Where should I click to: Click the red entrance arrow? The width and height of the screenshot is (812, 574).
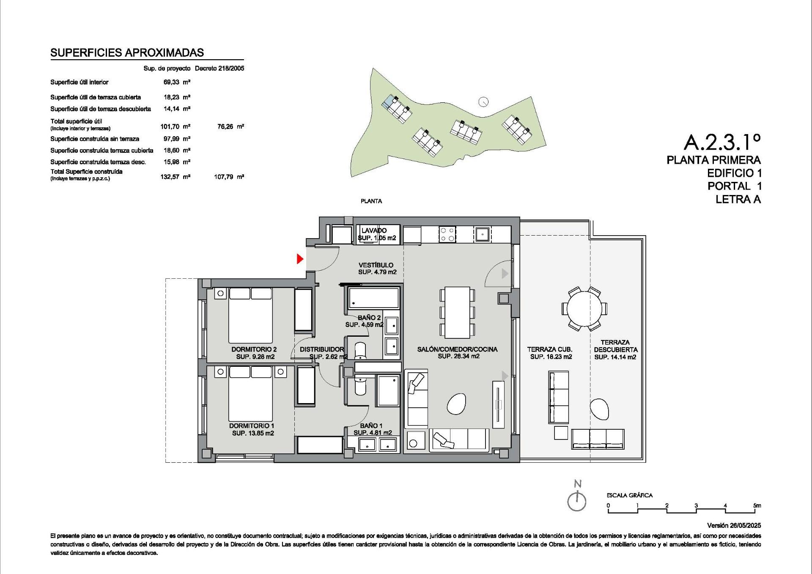tap(300, 259)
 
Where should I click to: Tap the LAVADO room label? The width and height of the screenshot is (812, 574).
tap(374, 231)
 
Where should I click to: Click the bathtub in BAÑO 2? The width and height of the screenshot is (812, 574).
tap(373, 298)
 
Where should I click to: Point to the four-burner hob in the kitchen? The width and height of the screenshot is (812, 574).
tap(447, 234)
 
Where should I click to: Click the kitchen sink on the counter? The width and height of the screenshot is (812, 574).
tap(482, 234)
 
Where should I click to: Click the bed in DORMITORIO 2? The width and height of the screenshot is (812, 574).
tap(250, 315)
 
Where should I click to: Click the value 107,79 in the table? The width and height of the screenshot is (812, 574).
tap(224, 177)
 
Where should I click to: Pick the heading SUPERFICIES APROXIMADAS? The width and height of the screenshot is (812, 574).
tap(127, 52)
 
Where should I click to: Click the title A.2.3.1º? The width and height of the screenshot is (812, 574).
tap(722, 142)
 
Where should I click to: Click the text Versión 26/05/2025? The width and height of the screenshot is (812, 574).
tap(734, 525)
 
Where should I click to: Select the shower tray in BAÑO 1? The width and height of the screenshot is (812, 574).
tap(388, 390)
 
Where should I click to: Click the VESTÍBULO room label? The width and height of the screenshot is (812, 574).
tap(376, 265)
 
